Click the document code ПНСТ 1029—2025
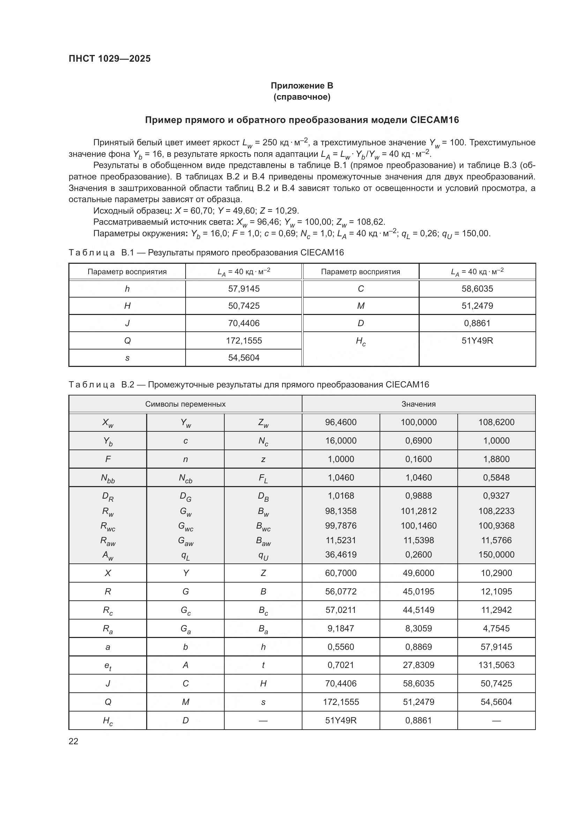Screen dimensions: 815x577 tap(110, 59)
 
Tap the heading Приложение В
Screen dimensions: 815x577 tap(302, 86)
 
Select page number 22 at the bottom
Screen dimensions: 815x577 tap(74, 741)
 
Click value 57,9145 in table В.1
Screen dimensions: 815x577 tap(244, 289)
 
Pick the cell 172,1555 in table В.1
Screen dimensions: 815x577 tap(244, 340)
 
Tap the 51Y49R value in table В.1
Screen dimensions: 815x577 tap(477, 340)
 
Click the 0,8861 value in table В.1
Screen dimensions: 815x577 tap(477, 323)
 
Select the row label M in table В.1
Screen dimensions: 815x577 tap(361, 306)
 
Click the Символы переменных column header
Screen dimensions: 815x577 tap(185, 404)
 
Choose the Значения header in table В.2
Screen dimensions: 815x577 tap(419, 404)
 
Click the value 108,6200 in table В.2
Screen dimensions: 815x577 tap(496, 422)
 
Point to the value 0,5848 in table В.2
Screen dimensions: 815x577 tap(496, 477)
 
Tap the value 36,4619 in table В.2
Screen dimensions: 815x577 tap(341, 554)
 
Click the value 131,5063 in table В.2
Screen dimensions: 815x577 tap(496, 665)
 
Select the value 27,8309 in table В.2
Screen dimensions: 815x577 tap(419, 665)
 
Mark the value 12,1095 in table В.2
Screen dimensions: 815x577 tap(496, 591)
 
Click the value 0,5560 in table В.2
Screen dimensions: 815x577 tap(341, 647)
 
